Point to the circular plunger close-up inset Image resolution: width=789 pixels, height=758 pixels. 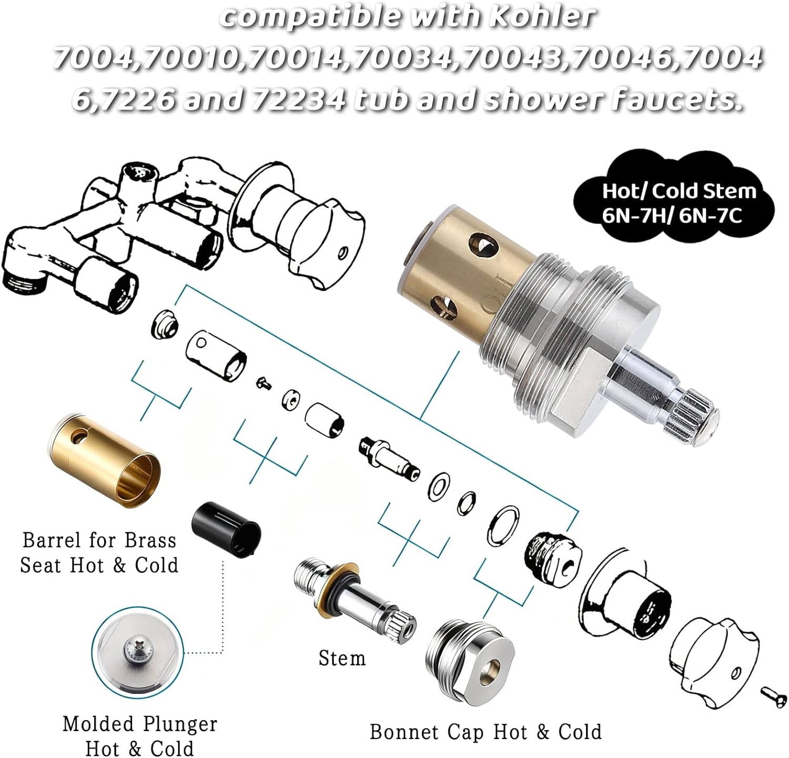pyautogui.click(x=138, y=653)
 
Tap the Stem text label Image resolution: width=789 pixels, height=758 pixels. pyautogui.click(x=342, y=658)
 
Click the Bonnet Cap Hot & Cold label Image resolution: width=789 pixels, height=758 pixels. pyautogui.click(x=485, y=732)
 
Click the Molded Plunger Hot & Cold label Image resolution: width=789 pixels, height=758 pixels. pyautogui.click(x=139, y=735)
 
